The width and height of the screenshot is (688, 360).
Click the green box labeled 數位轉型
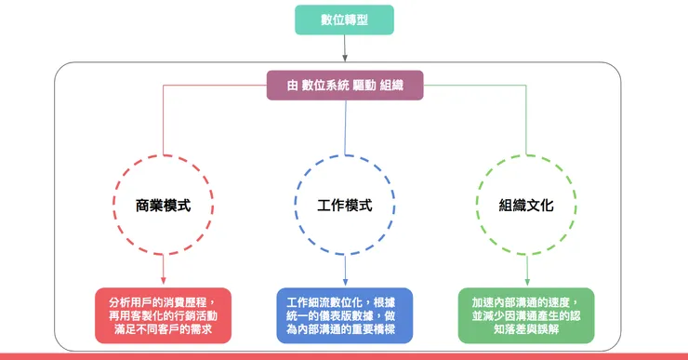[344, 20]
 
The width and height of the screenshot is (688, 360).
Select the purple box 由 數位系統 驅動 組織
[345, 87]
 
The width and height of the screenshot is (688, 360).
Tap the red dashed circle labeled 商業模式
[163, 205]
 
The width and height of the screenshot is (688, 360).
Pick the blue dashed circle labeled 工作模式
[345, 205]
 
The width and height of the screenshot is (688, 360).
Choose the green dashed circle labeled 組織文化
[527, 205]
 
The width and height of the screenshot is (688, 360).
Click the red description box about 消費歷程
[163, 315]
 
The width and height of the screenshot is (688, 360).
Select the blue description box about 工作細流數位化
[345, 315]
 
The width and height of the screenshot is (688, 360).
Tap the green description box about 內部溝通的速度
[526, 315]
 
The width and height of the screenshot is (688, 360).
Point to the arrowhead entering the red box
[163, 283]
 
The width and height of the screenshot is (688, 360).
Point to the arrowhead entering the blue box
[345, 283]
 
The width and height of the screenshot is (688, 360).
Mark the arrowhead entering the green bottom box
[527, 283]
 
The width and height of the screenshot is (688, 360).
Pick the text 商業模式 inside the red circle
[163, 205]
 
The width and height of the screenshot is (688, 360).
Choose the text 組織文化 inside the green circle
[527, 205]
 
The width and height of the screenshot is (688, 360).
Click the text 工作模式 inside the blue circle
[345, 205]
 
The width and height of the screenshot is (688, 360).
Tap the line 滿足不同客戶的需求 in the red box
[163, 329]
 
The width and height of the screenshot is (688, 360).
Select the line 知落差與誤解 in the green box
[526, 329]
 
